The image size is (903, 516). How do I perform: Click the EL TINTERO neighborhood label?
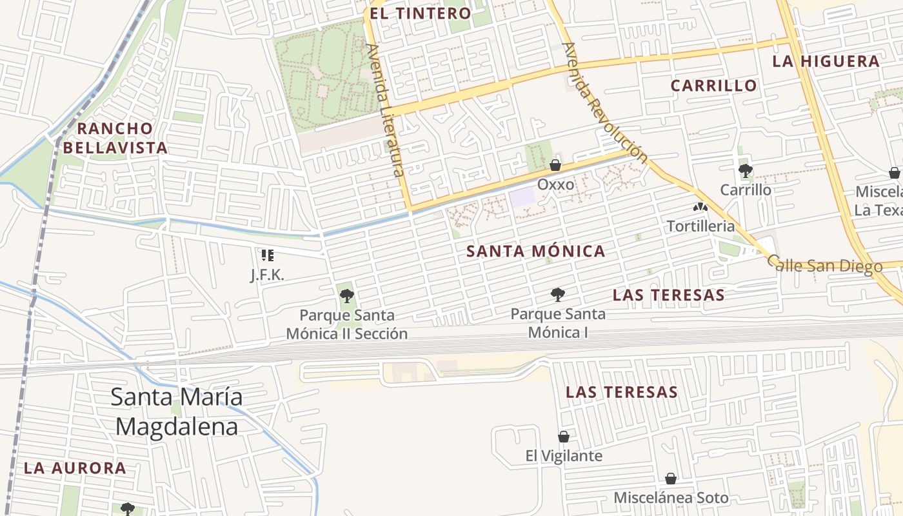[421, 14]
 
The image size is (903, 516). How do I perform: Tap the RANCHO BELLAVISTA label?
[116, 138]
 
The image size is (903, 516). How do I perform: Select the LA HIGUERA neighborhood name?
[826, 62]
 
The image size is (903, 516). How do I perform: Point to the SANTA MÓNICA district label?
[535, 252]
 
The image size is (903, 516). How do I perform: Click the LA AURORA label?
[75, 468]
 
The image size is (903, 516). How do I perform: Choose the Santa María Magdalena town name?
[176, 412]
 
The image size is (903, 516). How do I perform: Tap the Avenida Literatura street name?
[384, 110]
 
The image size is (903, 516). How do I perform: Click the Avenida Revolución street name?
[604, 103]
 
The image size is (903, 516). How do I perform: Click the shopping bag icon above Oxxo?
[555, 165]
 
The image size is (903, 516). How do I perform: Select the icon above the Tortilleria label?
[700, 208]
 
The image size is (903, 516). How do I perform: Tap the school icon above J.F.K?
[268, 255]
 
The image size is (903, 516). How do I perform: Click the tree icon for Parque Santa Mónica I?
[558, 295]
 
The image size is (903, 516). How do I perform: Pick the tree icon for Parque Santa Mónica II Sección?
[347, 297]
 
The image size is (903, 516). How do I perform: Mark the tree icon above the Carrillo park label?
[746, 171]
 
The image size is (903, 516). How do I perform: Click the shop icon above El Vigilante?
[564, 437]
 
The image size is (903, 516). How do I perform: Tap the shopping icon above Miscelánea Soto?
[671, 479]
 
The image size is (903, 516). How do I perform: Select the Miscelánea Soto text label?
[671, 498]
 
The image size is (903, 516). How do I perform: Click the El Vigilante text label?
[564, 456]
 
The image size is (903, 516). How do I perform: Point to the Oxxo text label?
[555, 184]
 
